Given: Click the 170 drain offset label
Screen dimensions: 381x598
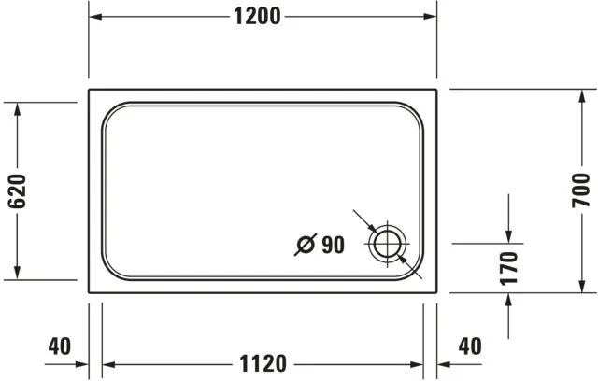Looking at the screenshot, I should coord(508,267).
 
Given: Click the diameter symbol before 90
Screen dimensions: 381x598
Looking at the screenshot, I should coord(305,247).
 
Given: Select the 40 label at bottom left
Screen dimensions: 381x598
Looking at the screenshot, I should coord(59,346).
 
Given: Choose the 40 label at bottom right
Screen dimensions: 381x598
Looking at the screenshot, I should coord(470,346).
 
